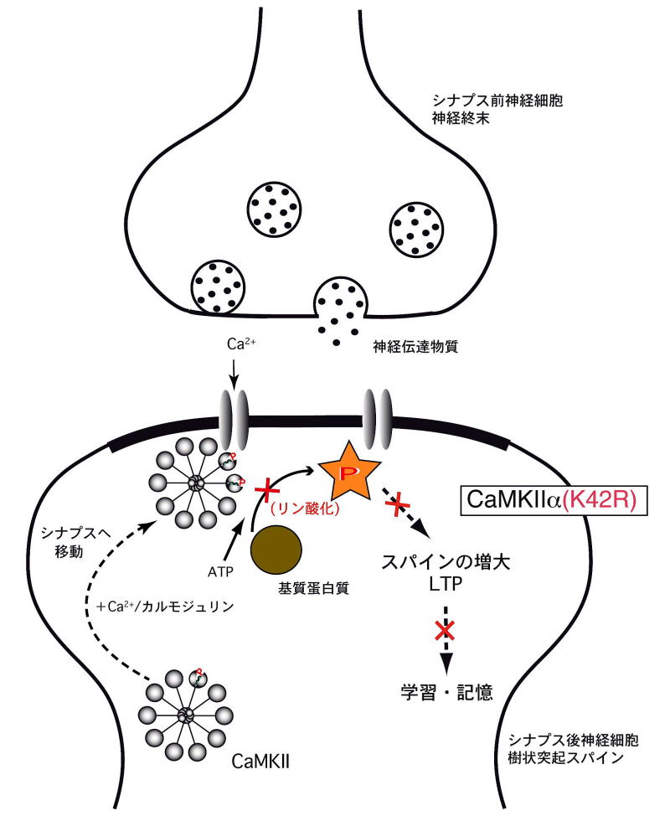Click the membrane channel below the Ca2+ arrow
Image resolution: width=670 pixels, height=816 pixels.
[x=234, y=414]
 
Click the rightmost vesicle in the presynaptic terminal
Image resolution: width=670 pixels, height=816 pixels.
[x=417, y=225]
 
